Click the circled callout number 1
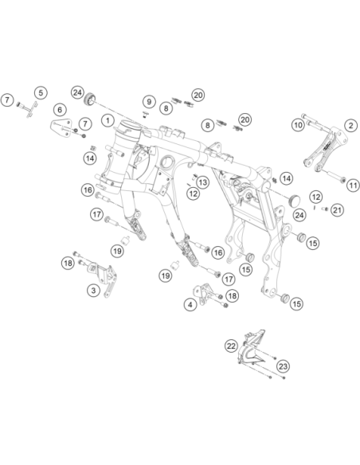(x=108, y=120)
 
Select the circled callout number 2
(x=350, y=126)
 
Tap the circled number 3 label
(x=93, y=290)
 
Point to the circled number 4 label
(x=190, y=305)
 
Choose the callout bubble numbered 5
(x=41, y=93)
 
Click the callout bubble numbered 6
(x=60, y=110)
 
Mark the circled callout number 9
(x=149, y=102)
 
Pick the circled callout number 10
(x=298, y=125)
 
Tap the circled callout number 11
(x=353, y=186)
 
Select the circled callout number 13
(x=203, y=182)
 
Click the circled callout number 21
(x=337, y=210)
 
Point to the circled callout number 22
(x=231, y=346)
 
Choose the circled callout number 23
(x=284, y=366)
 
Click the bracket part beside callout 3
(x=102, y=276)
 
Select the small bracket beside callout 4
(x=204, y=293)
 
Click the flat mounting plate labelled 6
(x=61, y=128)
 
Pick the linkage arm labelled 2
(x=325, y=149)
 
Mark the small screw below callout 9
(x=145, y=114)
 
